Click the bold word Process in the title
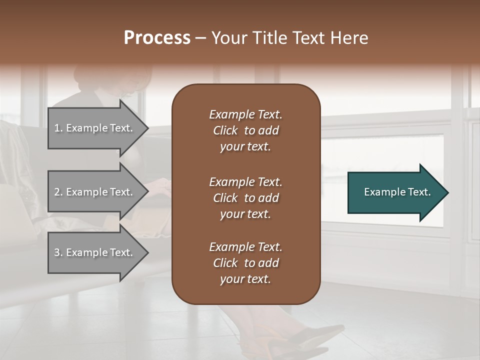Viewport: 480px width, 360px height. click(x=157, y=38)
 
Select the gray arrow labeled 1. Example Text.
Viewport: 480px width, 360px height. click(x=95, y=128)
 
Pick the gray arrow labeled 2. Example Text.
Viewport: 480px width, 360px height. click(x=95, y=192)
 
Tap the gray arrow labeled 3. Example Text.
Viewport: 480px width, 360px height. click(x=95, y=252)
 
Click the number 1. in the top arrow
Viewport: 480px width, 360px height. click(x=58, y=128)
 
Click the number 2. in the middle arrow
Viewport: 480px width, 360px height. click(x=58, y=192)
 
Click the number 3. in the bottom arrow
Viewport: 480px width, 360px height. click(x=58, y=252)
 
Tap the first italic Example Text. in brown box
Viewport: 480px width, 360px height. click(x=245, y=114)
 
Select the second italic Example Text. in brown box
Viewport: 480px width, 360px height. click(x=245, y=181)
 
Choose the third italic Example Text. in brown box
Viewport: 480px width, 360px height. click(x=245, y=246)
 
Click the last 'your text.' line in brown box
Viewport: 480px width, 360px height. click(x=245, y=279)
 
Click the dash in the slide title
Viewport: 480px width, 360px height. click(x=200, y=38)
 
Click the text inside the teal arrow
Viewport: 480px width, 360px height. click(x=397, y=192)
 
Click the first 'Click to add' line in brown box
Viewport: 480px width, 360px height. click(x=245, y=130)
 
